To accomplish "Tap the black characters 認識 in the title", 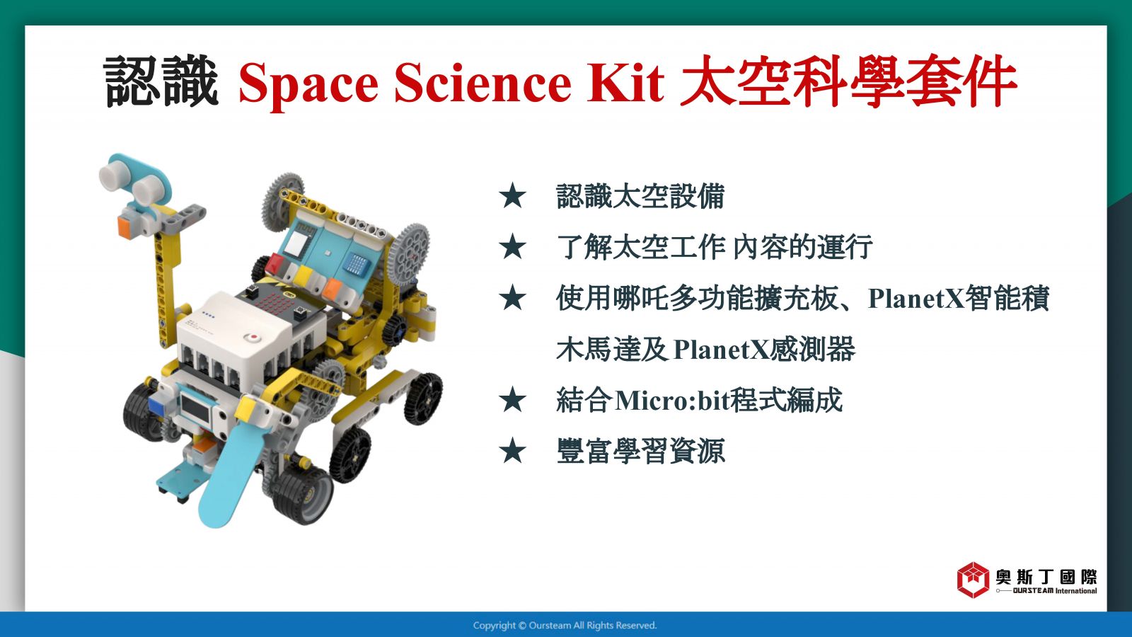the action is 161,81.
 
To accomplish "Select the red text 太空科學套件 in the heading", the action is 848,81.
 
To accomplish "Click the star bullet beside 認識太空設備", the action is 512,196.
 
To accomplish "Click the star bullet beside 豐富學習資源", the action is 512,451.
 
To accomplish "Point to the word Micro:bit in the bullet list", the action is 668,401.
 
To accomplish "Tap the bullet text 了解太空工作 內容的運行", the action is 714,247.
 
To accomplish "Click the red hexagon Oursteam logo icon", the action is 973,580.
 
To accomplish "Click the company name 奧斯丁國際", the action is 1046,576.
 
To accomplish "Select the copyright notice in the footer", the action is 565,626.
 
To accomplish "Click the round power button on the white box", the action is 252,337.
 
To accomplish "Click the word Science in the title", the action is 483,82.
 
